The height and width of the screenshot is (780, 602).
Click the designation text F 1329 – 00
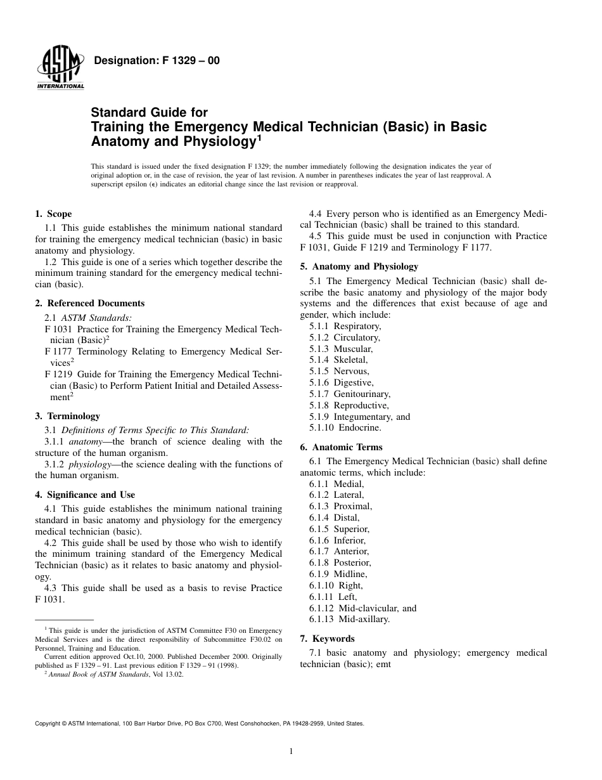point(157,61)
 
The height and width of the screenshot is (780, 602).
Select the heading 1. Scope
point(53,214)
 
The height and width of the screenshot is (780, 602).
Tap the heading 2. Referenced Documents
point(89,303)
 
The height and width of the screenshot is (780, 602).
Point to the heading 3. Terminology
point(67,416)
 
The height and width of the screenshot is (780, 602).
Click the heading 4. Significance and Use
point(85,495)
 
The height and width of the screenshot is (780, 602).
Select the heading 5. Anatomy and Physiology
point(359,266)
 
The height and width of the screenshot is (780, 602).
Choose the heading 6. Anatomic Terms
point(341,447)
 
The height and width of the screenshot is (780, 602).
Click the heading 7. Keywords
point(327,639)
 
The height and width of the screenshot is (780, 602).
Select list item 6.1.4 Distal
point(335,517)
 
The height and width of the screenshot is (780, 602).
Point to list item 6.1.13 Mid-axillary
point(350,620)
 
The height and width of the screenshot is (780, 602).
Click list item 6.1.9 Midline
point(338,574)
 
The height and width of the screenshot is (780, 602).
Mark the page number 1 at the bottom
point(290,752)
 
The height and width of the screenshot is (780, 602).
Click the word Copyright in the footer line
point(49,723)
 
